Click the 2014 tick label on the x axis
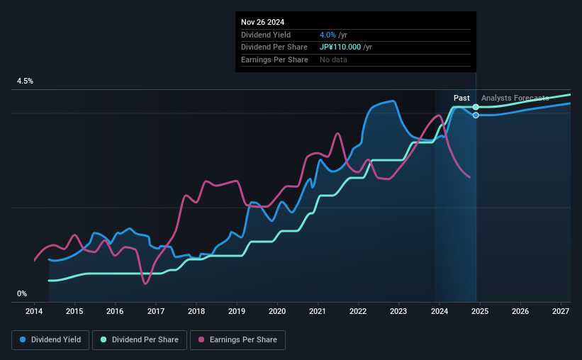pyautogui.click(x=34, y=311)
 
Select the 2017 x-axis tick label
pyautogui.click(x=156, y=311)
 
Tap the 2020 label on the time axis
pyautogui.click(x=277, y=311)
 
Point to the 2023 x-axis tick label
pyautogui.click(x=398, y=311)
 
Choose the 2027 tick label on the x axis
pyautogui.click(x=560, y=311)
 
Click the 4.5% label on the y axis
pyautogui.click(x=25, y=81)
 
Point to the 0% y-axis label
pyautogui.click(x=22, y=293)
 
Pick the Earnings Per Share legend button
pyautogui.click(x=238, y=340)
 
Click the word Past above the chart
pyautogui.click(x=461, y=98)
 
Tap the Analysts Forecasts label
pyautogui.click(x=515, y=98)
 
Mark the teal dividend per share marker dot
pyautogui.click(x=476, y=107)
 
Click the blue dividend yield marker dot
pyautogui.click(x=476, y=115)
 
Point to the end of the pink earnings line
pyautogui.click(x=470, y=177)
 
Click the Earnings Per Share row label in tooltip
pyautogui.click(x=274, y=60)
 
